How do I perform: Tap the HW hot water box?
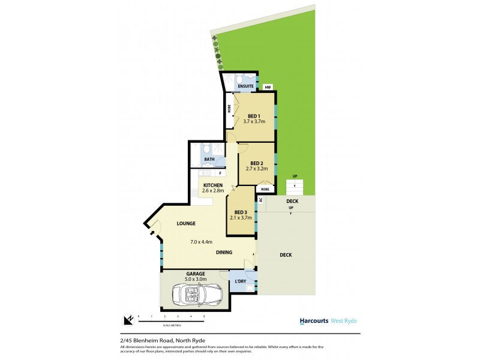tap(268, 88)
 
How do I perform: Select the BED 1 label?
tap(254, 116)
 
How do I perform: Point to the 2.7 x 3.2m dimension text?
tap(257, 169)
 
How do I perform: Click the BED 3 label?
tap(241, 212)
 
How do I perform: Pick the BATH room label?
tap(209, 160)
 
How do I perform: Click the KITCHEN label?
tap(213, 185)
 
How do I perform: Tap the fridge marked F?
tap(220, 173)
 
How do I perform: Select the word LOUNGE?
tap(186, 224)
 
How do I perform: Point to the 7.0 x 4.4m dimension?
tap(194, 242)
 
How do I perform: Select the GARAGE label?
tap(196, 274)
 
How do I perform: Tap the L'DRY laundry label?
tap(241, 281)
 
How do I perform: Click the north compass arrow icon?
tap(128, 320)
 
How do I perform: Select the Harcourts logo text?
tap(314, 321)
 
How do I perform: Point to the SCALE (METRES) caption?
tap(172, 326)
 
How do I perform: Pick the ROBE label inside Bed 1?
tap(229, 109)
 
